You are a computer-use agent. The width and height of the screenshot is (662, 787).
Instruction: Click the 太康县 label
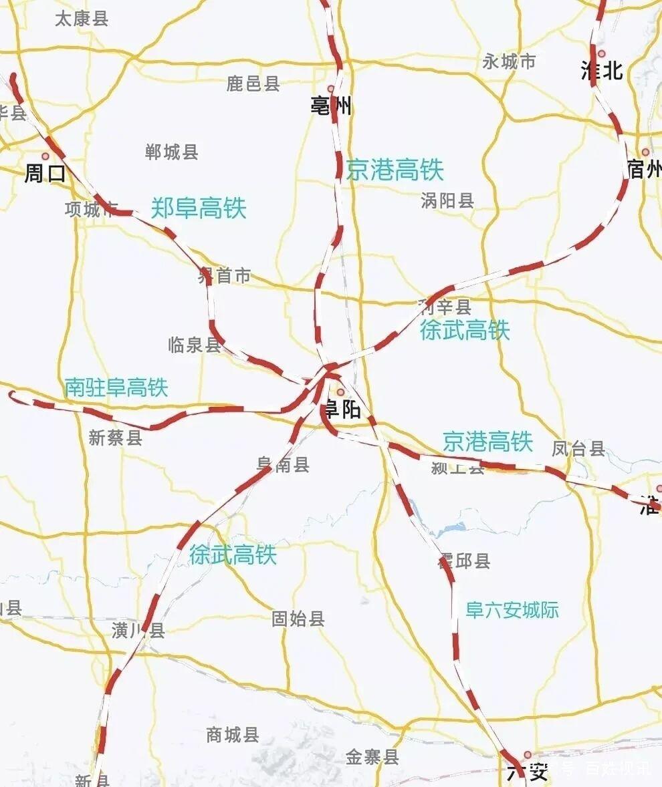[x=82, y=18]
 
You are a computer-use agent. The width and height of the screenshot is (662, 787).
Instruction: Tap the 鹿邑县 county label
[x=253, y=84]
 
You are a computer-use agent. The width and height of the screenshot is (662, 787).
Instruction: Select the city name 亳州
[x=330, y=106]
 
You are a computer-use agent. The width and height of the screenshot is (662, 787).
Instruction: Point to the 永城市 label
[x=509, y=62]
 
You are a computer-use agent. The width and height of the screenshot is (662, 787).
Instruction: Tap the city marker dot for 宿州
[x=645, y=152]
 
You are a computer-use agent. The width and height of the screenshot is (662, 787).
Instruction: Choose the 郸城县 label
[x=172, y=152]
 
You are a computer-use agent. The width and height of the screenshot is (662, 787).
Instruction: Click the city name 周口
[x=45, y=174]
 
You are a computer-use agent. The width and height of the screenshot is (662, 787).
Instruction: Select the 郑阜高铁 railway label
[x=199, y=208]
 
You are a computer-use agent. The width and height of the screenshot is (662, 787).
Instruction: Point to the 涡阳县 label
[x=447, y=200]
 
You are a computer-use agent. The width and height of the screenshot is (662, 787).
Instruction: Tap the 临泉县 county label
[x=195, y=345]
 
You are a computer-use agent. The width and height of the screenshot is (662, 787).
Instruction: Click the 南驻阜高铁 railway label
[x=116, y=387]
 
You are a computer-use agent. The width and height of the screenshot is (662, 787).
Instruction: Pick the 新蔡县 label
[x=116, y=438]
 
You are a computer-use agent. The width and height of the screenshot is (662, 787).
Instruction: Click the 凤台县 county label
[x=578, y=448]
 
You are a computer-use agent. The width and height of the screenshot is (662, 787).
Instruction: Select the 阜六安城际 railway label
[x=512, y=610]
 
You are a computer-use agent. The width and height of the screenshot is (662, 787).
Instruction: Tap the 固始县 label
[x=298, y=619]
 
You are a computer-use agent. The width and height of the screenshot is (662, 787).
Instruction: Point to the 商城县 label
[x=233, y=735]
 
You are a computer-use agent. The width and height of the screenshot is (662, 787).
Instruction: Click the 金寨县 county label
[x=372, y=757]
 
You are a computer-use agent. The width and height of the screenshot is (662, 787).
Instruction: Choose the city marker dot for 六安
[x=528, y=755]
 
